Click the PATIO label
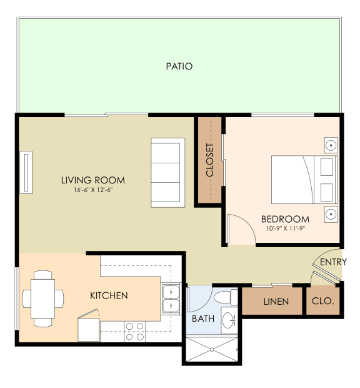point(179,66)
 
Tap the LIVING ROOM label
point(93,180)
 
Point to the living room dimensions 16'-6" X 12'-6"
point(93,190)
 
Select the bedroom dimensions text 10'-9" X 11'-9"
point(286,228)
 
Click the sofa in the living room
point(168,173)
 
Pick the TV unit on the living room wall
point(26,172)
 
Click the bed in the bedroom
point(304,180)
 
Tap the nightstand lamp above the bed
point(331,145)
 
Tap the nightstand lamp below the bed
point(331,214)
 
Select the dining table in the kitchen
point(43,299)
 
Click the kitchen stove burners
point(134,332)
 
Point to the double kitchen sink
point(171,299)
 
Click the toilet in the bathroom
point(226,297)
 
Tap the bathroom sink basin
point(228,320)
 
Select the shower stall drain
point(212,349)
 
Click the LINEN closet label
point(276,302)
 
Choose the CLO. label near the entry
point(323,301)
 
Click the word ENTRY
point(333,262)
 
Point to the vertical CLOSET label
point(209,160)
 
